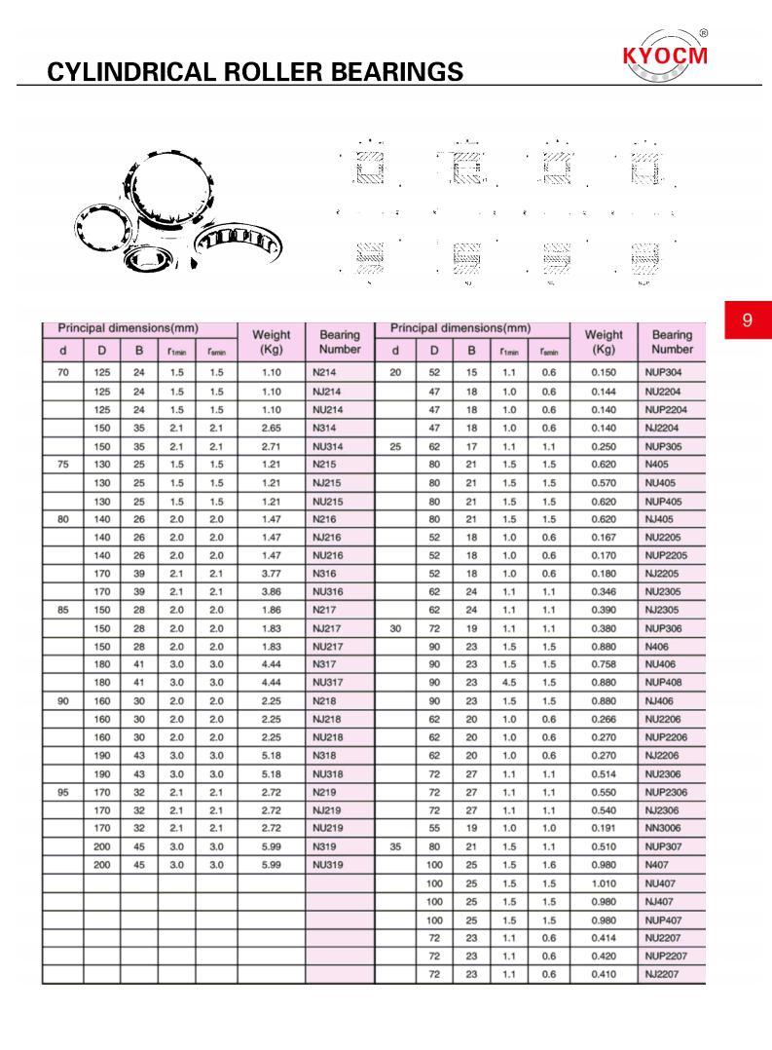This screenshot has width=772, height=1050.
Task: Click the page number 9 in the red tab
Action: click(x=747, y=320)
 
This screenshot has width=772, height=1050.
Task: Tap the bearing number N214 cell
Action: click(x=324, y=373)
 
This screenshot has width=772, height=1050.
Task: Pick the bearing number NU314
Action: click(x=328, y=446)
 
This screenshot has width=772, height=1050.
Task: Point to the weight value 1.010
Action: click(x=604, y=882)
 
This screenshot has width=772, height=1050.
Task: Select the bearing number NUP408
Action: click(x=666, y=683)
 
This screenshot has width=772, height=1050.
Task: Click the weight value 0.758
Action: click(x=604, y=664)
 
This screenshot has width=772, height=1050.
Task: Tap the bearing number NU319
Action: click(x=328, y=864)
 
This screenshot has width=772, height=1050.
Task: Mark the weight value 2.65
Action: click(x=272, y=428)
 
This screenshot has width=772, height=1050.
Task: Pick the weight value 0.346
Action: click(x=604, y=591)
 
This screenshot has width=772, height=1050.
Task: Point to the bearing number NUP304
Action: click(x=666, y=373)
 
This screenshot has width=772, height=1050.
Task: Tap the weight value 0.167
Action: click(x=604, y=537)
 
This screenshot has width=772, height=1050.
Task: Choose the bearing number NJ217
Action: click(x=326, y=628)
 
